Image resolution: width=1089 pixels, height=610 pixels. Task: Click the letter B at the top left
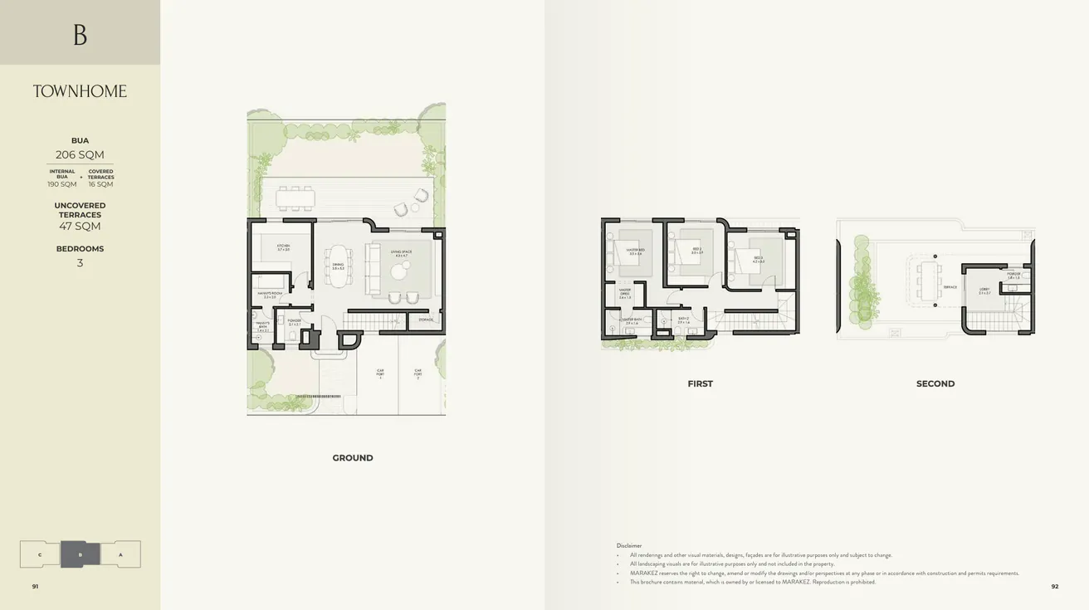80,35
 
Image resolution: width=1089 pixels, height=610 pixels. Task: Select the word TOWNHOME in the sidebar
80,91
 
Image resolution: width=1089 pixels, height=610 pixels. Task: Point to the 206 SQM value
80,155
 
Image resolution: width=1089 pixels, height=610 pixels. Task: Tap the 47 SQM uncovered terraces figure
80,227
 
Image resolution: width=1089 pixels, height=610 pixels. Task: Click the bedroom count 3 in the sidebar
80,263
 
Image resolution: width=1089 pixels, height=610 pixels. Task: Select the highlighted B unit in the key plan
81,554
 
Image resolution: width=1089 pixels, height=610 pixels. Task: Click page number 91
35,586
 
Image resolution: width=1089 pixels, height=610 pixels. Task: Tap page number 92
1055,586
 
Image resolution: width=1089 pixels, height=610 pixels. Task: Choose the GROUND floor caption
353,458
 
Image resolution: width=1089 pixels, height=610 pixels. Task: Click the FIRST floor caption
700,384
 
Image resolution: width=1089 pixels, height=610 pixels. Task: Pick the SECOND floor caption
935,384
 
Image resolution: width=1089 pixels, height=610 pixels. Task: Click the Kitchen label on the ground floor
283,247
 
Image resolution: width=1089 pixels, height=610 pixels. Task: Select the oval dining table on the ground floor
338,266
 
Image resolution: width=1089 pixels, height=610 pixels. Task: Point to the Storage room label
426,320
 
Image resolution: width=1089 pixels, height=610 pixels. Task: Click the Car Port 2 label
418,373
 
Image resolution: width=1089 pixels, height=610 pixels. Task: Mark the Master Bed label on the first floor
635,250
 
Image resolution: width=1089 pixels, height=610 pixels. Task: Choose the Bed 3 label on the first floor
758,258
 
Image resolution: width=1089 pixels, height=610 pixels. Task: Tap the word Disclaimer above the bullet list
629,545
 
